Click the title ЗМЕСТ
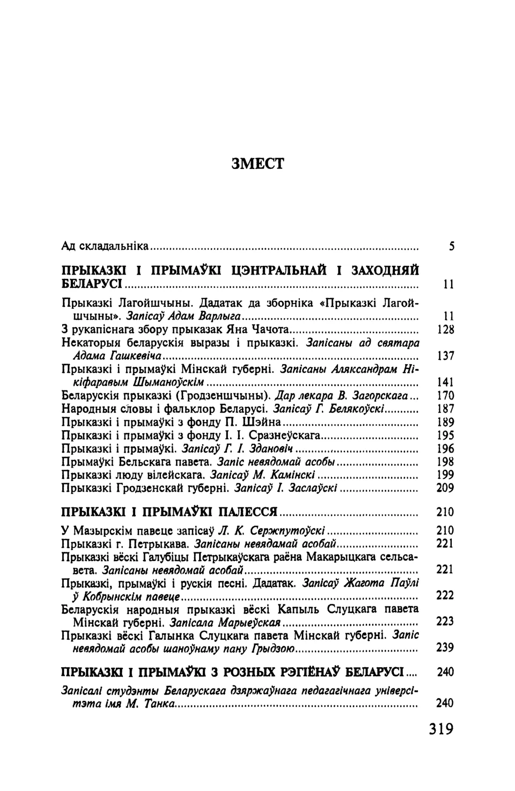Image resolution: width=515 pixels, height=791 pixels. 257,162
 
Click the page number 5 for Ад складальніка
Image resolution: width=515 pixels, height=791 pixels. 452,247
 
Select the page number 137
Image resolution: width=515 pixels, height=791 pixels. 446,356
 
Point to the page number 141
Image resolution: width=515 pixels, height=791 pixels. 446,382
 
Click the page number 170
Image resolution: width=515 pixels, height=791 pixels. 446,396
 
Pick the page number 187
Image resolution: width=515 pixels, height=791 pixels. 446,409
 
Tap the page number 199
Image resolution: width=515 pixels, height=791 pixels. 446,475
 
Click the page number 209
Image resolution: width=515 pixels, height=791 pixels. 446,488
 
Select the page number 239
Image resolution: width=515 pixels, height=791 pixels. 446,647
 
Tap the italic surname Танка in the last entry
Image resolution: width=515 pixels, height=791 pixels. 159,704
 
